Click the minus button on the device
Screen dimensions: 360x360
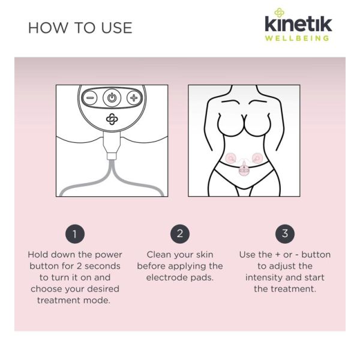click(89, 98)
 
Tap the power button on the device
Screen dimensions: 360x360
click(112, 98)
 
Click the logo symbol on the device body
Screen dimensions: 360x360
click(112, 119)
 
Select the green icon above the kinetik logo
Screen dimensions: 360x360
click(279, 13)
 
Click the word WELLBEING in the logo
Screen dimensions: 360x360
click(298, 38)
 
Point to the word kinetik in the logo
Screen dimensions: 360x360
click(298, 23)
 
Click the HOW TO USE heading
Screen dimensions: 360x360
click(80, 28)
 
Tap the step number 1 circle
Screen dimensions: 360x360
click(75, 234)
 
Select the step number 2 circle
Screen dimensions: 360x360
click(180, 234)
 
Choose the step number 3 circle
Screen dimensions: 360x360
click(285, 234)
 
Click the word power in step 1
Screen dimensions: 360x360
click(109, 255)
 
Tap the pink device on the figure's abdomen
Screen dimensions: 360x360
click(244, 169)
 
